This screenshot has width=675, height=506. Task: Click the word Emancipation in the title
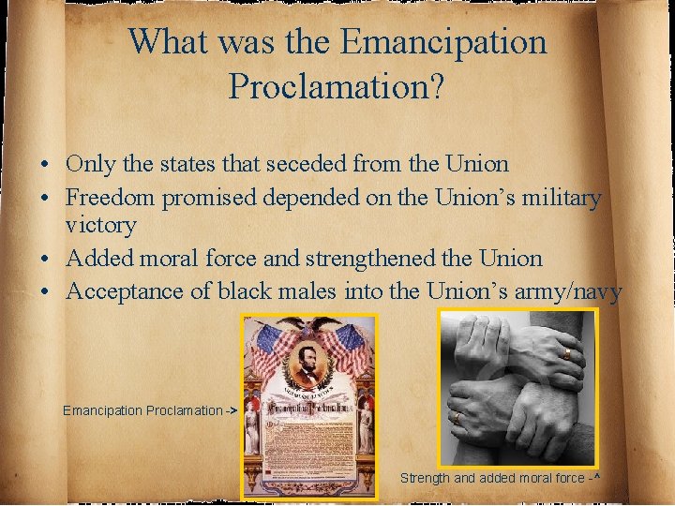[443, 42]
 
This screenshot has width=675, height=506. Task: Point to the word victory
[101, 225]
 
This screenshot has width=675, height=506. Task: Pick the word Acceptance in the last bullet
[127, 291]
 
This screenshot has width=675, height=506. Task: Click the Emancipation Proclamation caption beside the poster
[147, 410]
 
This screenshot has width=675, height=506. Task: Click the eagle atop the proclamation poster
[308, 326]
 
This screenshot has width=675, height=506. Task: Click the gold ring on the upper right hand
[567, 353]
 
